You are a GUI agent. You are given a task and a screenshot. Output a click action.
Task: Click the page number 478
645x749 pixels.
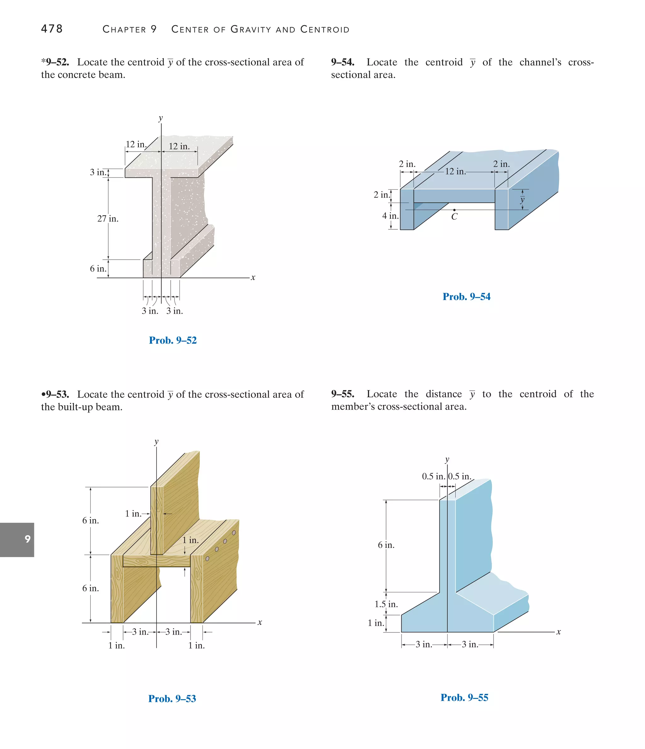point(52,29)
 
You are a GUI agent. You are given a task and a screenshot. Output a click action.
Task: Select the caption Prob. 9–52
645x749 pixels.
point(173,340)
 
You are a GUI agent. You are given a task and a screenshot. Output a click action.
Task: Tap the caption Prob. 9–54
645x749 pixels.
point(466,297)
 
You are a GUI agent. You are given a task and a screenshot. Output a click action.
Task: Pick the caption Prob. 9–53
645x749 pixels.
point(172,698)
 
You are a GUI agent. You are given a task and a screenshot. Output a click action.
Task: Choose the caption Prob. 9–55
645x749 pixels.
point(464,697)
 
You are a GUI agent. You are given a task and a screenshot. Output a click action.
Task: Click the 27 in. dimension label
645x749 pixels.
point(108,219)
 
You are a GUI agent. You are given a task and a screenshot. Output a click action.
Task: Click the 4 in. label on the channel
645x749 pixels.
point(390,216)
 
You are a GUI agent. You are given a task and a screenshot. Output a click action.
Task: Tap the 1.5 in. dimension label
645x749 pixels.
point(386,604)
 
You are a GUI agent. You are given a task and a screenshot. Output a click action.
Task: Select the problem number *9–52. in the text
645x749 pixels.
point(55,62)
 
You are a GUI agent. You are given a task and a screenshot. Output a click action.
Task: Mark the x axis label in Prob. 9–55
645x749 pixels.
point(558,632)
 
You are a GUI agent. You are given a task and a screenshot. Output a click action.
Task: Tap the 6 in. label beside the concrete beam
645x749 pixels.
point(98,268)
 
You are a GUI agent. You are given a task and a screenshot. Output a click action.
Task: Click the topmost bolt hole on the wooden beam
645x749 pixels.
point(234,533)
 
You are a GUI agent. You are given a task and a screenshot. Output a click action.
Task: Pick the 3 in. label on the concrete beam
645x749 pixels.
point(98,172)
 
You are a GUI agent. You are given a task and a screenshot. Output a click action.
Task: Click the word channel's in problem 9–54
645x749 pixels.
point(540,62)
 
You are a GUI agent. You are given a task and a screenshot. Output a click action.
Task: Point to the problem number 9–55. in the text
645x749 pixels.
point(342,394)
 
